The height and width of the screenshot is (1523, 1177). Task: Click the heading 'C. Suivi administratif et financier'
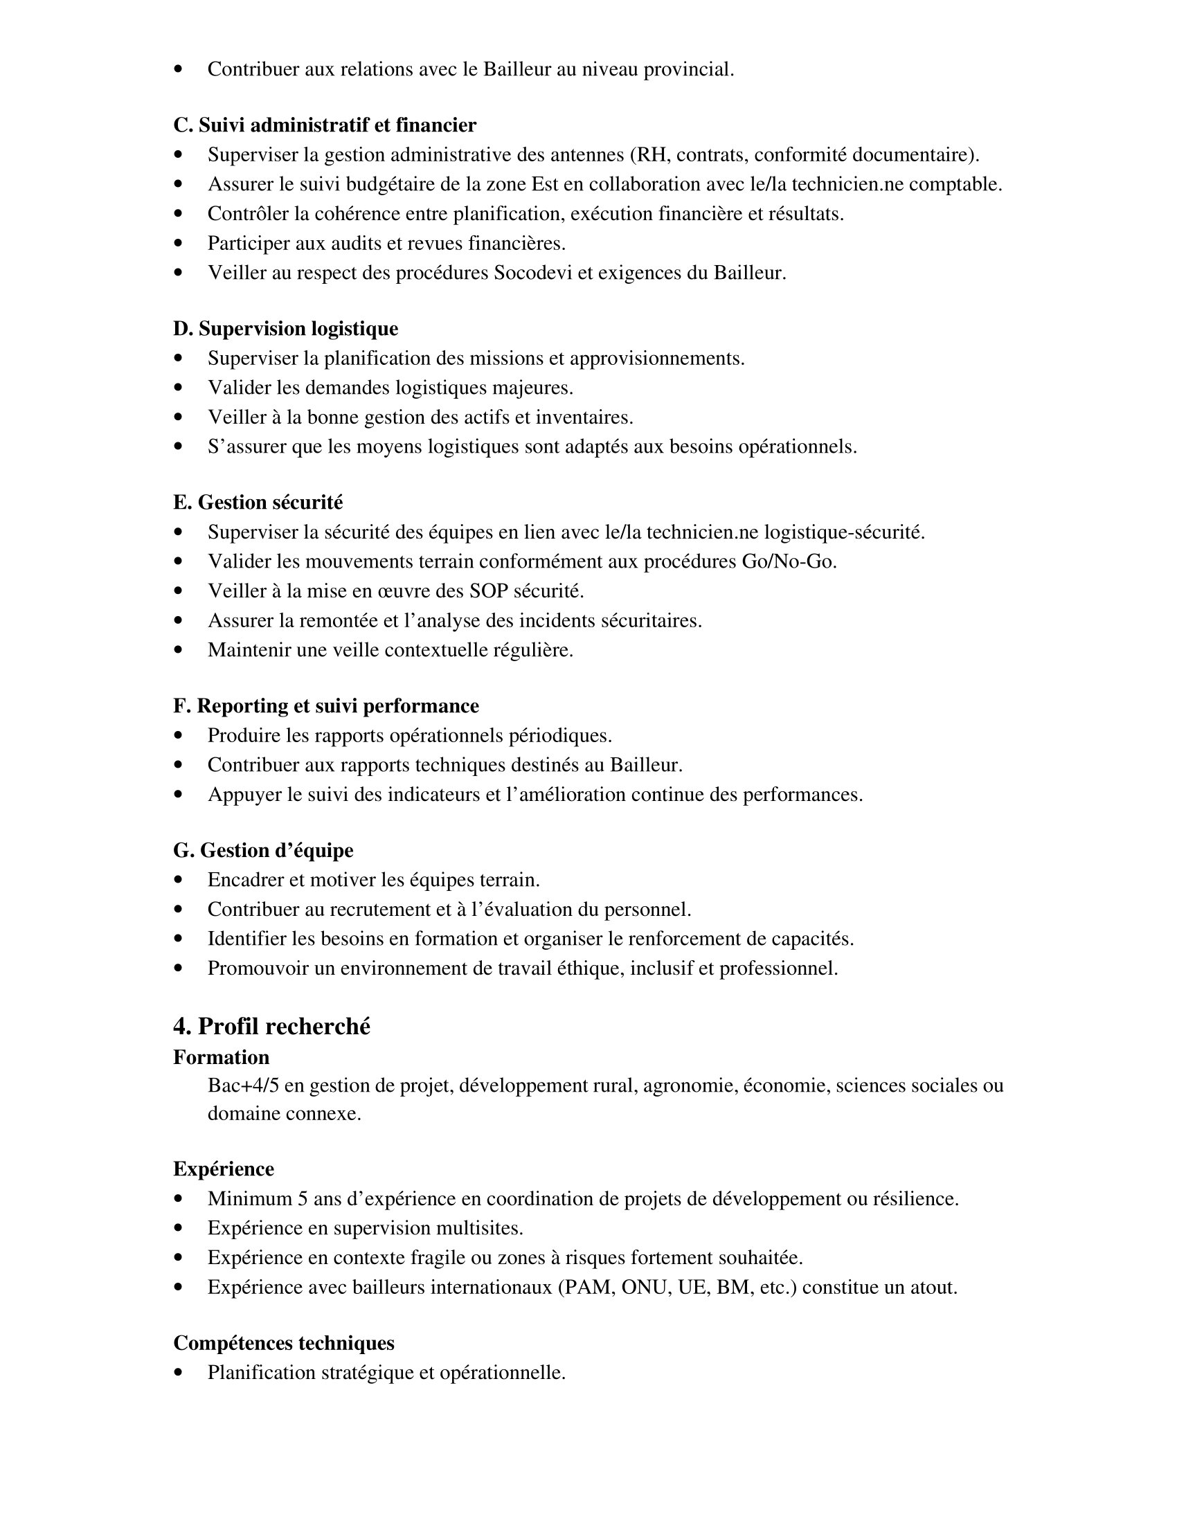pyautogui.click(x=324, y=125)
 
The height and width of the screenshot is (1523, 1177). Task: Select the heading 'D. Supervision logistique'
pyautogui.click(x=285, y=328)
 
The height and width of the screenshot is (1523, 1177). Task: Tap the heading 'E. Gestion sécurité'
pyautogui.click(x=258, y=502)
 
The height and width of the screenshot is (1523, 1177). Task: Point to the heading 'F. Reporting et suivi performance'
pyautogui.click(x=325, y=705)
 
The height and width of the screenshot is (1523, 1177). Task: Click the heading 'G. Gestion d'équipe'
pyautogui.click(x=263, y=850)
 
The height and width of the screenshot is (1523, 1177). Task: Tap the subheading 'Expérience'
pyautogui.click(x=223, y=1169)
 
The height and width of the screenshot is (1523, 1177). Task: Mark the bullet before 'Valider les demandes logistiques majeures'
pyautogui.click(x=179, y=388)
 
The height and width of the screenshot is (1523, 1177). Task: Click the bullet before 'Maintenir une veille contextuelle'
pyautogui.click(x=179, y=650)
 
